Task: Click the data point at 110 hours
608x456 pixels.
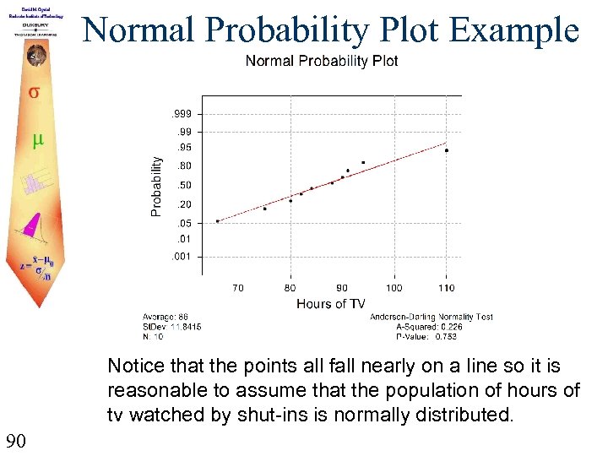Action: point(447,150)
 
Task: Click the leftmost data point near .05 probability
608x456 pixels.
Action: point(218,221)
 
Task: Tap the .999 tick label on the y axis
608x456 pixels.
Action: point(182,114)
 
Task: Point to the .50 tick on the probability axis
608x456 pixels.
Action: point(183,185)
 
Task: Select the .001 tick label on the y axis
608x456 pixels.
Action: point(182,256)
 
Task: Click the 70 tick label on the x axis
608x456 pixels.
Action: point(238,288)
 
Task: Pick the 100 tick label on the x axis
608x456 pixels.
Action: point(394,288)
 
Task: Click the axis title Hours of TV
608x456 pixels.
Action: point(330,303)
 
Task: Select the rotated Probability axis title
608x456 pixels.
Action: point(156,184)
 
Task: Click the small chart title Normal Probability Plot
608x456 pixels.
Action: point(321,61)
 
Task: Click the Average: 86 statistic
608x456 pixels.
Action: point(165,317)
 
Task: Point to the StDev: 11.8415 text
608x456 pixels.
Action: point(171,326)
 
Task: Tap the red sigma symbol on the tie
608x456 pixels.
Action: point(34,92)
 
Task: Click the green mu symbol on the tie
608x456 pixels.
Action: point(37,140)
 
